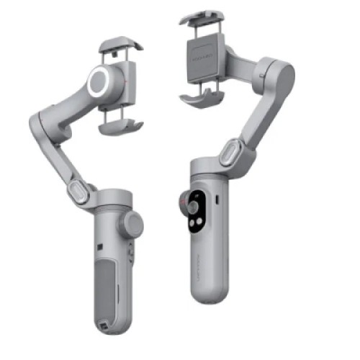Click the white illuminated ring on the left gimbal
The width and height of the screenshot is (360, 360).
(99, 82)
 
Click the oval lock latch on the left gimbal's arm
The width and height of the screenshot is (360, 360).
(77, 190)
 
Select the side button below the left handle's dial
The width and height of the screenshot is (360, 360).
(130, 253)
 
